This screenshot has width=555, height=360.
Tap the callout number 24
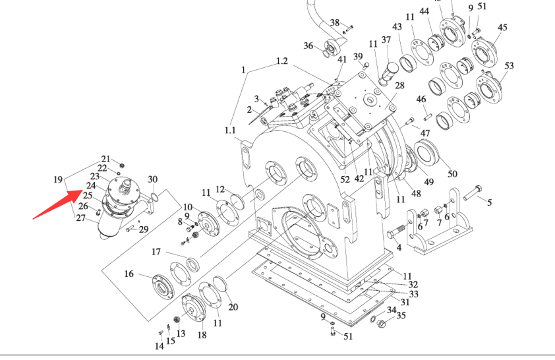point(91,186)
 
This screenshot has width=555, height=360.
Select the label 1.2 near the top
point(281,61)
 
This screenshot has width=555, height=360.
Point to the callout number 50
point(452,173)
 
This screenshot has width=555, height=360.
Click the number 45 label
point(503,28)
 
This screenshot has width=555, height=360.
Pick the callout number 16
point(129,274)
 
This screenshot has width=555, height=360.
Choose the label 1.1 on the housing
point(229,131)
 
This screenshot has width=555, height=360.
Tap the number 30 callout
point(152,179)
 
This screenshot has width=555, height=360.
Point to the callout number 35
point(401,315)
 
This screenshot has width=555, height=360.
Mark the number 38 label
point(335,23)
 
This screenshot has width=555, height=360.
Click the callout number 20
point(233,307)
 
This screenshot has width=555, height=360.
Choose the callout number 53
point(509,66)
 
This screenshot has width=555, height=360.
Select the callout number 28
point(399,86)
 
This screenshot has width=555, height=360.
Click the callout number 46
point(421,100)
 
